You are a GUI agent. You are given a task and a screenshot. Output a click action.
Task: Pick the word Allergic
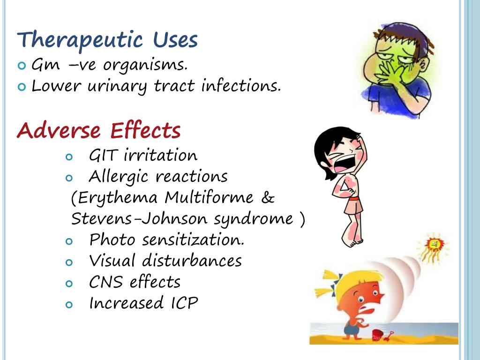pyautogui.click(x=117, y=177)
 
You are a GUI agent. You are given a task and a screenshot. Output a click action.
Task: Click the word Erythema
pyautogui.click(x=118, y=198)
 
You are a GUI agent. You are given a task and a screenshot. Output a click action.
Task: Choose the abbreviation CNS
pyautogui.click(x=106, y=282)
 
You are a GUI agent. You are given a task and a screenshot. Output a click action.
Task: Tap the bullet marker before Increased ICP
pyautogui.click(x=69, y=305)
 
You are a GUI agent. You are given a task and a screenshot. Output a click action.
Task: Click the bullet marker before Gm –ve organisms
pyautogui.click(x=22, y=66)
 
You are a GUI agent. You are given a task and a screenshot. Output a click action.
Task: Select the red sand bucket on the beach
pyautogui.click(x=377, y=334)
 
